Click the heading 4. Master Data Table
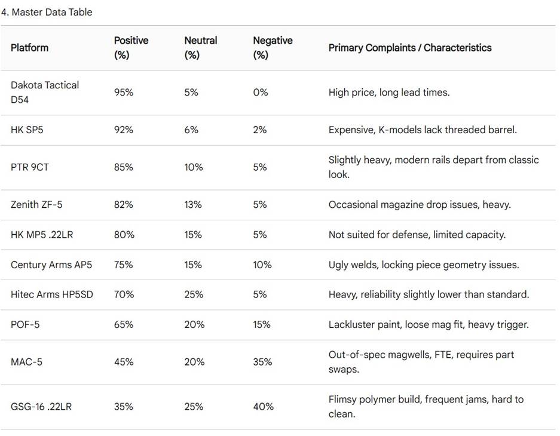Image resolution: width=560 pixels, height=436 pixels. [47, 12]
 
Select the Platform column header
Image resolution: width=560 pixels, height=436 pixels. [29, 48]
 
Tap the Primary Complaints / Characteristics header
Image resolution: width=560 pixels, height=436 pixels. [410, 48]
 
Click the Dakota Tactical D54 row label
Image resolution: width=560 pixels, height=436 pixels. [45, 93]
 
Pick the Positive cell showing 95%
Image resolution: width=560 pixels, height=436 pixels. [124, 93]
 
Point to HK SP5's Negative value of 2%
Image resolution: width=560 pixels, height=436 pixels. [260, 130]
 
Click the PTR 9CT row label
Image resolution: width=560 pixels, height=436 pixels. [30, 167]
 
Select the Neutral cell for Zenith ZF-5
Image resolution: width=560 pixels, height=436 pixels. [193, 204]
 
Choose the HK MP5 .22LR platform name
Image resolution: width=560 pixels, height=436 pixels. [42, 235]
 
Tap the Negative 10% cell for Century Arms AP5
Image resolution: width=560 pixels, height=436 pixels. [262, 265]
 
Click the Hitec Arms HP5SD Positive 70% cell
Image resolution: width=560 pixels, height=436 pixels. [124, 294]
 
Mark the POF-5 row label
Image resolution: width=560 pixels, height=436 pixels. [25, 325]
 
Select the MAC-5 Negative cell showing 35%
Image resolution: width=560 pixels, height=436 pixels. [262, 362]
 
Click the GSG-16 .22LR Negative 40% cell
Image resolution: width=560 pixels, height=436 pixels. [263, 406]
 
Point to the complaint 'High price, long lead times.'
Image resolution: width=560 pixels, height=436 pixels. [389, 93]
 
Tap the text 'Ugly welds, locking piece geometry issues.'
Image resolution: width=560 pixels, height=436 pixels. [424, 265]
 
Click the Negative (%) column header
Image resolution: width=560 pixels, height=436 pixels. [273, 48]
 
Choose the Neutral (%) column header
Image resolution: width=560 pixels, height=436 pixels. [201, 48]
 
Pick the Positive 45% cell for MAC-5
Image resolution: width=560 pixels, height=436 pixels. [124, 362]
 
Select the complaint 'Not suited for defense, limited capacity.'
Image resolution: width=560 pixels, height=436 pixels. [417, 235]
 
